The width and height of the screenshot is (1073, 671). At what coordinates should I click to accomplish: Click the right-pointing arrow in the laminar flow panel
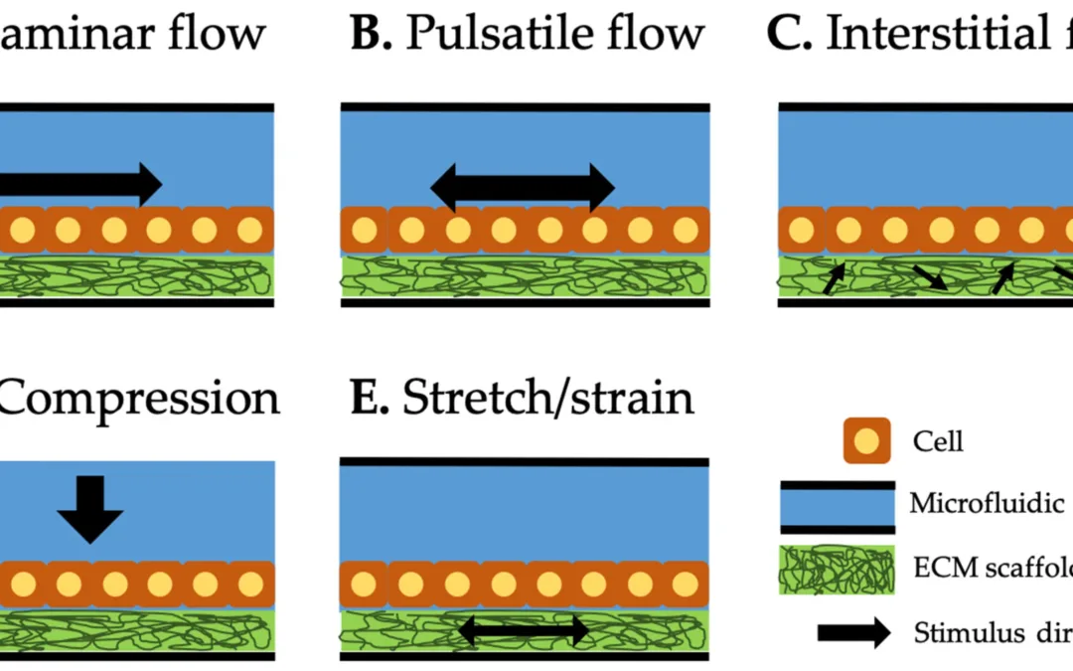click(79, 183)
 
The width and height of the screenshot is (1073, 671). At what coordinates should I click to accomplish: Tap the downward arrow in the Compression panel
click(89, 508)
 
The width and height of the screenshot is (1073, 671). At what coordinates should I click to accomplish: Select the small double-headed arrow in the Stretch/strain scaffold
click(523, 628)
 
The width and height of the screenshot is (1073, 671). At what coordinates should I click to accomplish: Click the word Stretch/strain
click(547, 398)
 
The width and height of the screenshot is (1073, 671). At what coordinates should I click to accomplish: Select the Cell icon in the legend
click(866, 441)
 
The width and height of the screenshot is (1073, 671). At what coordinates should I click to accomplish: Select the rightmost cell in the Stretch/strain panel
click(685, 585)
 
